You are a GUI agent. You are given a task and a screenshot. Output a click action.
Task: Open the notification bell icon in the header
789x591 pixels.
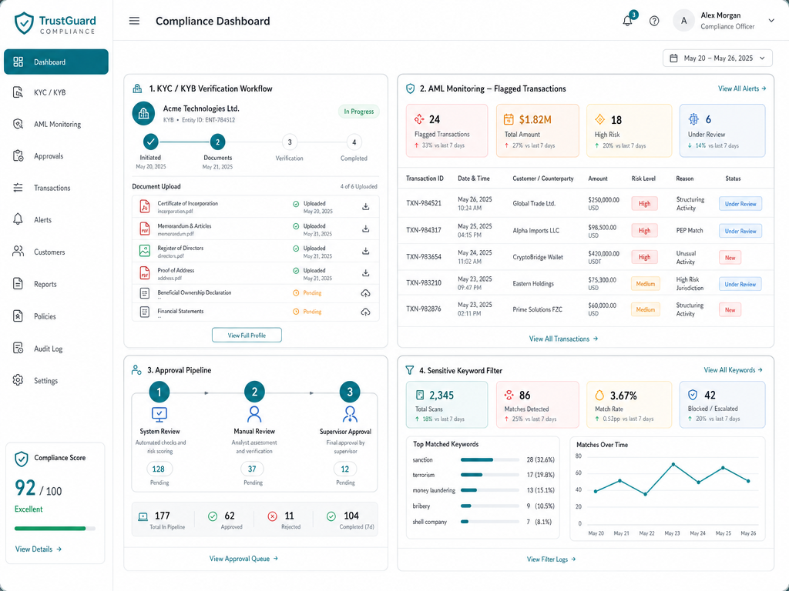pyautogui.click(x=627, y=21)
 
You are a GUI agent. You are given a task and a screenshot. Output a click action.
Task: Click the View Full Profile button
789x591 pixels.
pyautogui.click(x=247, y=336)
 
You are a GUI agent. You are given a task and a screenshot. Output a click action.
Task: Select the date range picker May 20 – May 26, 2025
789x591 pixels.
pyautogui.click(x=717, y=58)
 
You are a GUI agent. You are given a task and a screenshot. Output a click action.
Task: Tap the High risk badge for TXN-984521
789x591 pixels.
pyautogui.click(x=645, y=203)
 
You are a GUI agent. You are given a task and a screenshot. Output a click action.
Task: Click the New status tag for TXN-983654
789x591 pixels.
pyautogui.click(x=730, y=257)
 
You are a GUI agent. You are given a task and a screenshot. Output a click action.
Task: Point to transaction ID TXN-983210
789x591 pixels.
pyautogui.click(x=424, y=283)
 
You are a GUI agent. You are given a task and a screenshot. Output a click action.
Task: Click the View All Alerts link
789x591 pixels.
pyautogui.click(x=742, y=88)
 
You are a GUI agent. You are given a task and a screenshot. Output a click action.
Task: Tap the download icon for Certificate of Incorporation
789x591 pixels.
pyautogui.click(x=366, y=206)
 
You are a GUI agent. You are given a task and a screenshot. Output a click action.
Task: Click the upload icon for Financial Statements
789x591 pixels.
pyautogui.click(x=366, y=312)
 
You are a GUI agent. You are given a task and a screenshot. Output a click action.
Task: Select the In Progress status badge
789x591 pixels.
pyautogui.click(x=359, y=112)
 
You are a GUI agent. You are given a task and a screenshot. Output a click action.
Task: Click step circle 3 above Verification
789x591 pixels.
pyautogui.click(x=290, y=142)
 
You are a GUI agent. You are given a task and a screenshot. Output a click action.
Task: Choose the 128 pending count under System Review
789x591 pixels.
pyautogui.click(x=159, y=469)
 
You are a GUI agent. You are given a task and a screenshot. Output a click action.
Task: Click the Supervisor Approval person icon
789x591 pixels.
pyautogui.click(x=350, y=414)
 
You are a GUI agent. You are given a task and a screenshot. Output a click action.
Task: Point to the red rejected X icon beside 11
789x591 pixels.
pyautogui.click(x=272, y=516)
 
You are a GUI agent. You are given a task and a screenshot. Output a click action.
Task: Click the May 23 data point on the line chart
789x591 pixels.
pyautogui.click(x=673, y=464)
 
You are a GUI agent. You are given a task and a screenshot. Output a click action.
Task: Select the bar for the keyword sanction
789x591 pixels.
pyautogui.click(x=477, y=460)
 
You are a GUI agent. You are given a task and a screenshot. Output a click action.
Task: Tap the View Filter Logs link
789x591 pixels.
pyautogui.click(x=551, y=559)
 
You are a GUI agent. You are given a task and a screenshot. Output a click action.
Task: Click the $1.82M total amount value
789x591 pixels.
pyautogui.click(x=536, y=119)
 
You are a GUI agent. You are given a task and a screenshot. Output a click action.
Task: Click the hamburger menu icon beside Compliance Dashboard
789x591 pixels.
pyautogui.click(x=134, y=21)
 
